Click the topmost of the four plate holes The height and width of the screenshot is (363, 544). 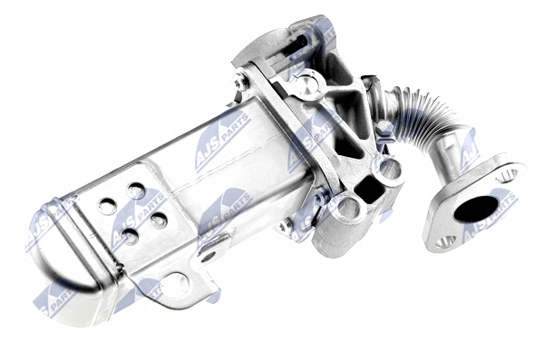coord(136,191)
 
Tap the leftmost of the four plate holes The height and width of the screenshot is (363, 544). coord(107,206)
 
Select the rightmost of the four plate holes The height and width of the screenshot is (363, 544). coord(159,220)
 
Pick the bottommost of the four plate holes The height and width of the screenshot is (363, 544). coord(130,236)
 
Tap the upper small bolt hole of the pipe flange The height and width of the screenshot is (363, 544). coord(507,174)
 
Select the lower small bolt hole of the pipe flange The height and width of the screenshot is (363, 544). coord(445,241)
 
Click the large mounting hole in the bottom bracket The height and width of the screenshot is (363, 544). coord(175,286)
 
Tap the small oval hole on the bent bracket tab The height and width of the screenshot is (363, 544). coord(209,257)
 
